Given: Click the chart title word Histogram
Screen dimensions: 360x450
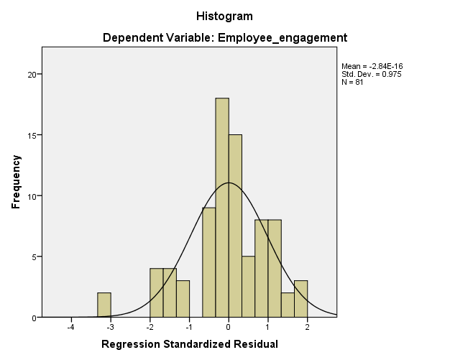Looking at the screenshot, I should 224,15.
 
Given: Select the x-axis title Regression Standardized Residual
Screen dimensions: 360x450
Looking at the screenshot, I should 190,344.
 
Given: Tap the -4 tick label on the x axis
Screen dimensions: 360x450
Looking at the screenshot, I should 70,327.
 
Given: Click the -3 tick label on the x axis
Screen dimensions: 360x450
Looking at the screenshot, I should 109,327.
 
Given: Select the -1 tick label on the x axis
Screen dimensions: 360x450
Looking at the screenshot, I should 188,327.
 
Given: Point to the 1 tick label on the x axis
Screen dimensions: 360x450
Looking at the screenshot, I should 268,327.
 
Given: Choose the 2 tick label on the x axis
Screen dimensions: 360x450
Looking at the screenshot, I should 307,327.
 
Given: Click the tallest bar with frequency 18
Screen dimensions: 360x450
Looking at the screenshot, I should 222,208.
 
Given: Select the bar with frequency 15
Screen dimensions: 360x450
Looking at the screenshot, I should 235,226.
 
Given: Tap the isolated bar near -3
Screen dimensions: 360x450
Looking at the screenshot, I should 104,305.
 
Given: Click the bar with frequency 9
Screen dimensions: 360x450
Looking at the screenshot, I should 208,262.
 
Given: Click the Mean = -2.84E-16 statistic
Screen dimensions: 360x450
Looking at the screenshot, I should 372,66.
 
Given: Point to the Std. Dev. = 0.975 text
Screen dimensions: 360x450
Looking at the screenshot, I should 372,74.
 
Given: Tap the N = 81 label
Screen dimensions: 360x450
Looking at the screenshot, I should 352,82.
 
